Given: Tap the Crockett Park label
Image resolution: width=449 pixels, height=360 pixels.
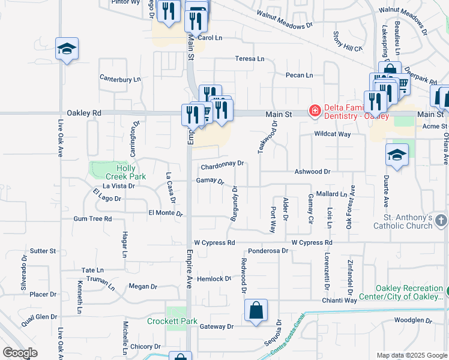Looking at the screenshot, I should pos(172,321).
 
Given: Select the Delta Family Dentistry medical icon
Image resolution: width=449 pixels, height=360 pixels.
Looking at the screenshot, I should pos(314,110).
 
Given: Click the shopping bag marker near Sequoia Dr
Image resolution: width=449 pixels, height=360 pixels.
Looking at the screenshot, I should pos(256,311).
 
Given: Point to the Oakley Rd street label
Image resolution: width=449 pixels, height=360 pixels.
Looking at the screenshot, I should pos(85,113).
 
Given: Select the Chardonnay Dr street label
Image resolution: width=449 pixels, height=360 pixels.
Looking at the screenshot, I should pos(223,163).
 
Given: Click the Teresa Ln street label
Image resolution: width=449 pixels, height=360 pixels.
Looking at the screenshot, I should pos(250,59).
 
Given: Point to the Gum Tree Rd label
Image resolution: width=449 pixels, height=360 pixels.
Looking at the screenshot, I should pos(92,220).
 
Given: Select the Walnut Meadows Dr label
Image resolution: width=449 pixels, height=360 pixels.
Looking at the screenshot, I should pos(285,20).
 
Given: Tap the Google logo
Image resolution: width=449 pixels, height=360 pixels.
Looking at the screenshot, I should pos(20,353).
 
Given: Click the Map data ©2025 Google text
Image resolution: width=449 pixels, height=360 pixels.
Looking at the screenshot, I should pos(411,355).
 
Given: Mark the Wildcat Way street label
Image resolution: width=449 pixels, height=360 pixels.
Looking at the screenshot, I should pos(331,134).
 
